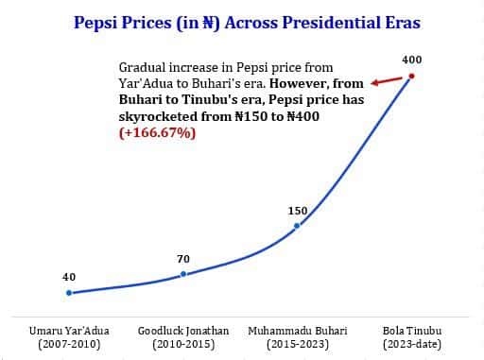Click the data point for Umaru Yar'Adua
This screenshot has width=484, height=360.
tap(69, 293)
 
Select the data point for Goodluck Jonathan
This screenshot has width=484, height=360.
tap(183, 274)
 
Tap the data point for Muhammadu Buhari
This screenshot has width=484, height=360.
tap(297, 226)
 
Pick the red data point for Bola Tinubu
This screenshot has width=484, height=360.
tap(411, 77)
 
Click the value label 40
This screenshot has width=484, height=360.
tap(69, 277)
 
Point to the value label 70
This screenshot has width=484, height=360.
tap(183, 258)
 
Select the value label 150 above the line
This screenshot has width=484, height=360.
tap(297, 210)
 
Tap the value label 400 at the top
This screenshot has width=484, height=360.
tap(411, 60)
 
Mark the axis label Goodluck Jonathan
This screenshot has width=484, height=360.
tap(183, 331)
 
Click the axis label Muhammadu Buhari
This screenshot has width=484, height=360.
tap(297, 331)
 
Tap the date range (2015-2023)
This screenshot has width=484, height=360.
tap(297, 345)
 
